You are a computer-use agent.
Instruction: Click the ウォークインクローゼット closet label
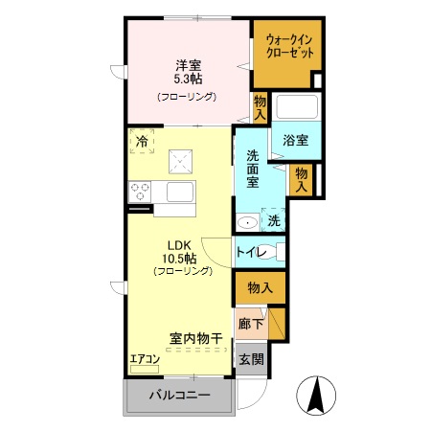coord(288,46)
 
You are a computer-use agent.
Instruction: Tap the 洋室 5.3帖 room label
coord(187,73)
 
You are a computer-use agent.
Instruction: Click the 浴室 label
coord(294,140)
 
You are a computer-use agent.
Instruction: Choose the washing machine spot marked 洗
coord(274,219)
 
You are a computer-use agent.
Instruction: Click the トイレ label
coord(249,252)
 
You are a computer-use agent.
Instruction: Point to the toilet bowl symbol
coord(276,253)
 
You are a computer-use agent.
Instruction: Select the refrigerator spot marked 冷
coord(141,141)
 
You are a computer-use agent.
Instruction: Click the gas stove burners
coord(141,192)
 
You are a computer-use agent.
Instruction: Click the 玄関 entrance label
coord(251,360)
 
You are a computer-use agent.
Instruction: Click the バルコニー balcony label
coord(178,397)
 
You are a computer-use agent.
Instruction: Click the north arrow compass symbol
coord(314,394)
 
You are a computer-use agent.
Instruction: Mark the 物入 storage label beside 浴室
coord(301,179)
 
